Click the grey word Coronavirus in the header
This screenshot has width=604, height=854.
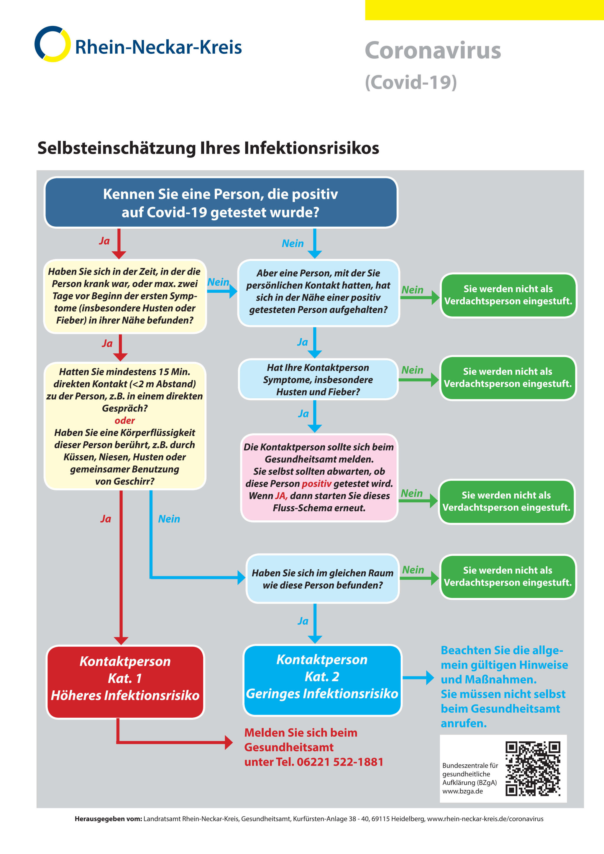pyautogui.click(x=433, y=50)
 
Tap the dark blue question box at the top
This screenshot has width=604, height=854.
pyautogui.click(x=221, y=203)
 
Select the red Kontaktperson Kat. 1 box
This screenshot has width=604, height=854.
pyautogui.click(x=125, y=681)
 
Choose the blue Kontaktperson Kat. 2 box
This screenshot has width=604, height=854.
pyautogui.click(x=322, y=680)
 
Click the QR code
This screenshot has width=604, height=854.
pyautogui.click(x=533, y=769)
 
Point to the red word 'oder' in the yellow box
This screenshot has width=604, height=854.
pyautogui.click(x=124, y=420)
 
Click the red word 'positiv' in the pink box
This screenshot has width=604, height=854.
pyautogui.click(x=316, y=483)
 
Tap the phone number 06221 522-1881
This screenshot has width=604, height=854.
pyautogui.click(x=340, y=762)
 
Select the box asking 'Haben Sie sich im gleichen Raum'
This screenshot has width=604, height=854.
pyautogui.click(x=322, y=579)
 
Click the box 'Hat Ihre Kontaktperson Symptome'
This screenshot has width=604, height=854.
pyautogui.click(x=318, y=379)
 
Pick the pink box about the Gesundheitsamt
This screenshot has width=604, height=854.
pyautogui.click(x=319, y=478)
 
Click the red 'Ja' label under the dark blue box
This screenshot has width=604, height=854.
pyautogui.click(x=104, y=241)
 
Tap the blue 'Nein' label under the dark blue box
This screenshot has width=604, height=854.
pyautogui.click(x=293, y=244)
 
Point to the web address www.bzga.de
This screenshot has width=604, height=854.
pyautogui.click(x=462, y=791)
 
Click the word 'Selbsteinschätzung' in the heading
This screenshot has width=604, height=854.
pyautogui.click(x=117, y=148)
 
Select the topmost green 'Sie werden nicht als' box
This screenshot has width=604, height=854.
pyautogui.click(x=508, y=295)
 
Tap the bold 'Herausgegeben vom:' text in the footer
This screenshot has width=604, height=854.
pyautogui.click(x=108, y=819)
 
